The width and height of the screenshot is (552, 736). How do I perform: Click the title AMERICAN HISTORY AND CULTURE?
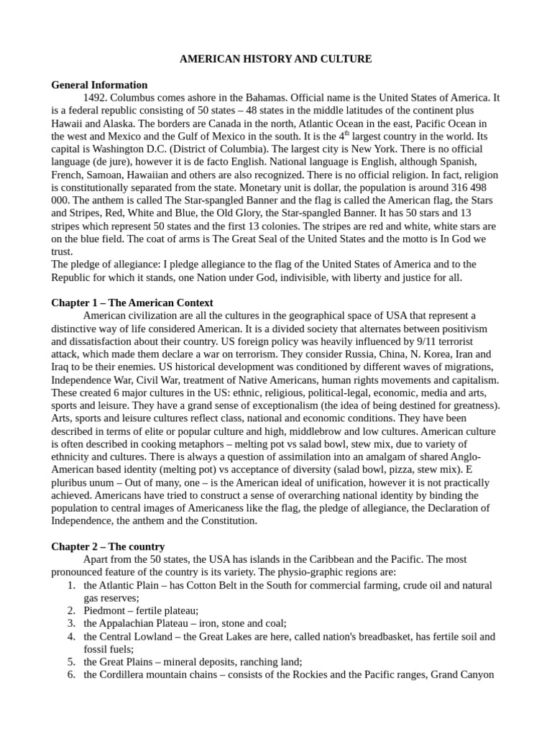(x=275, y=59)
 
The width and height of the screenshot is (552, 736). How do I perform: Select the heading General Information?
(x=99, y=85)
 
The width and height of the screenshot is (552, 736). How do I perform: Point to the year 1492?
(x=96, y=98)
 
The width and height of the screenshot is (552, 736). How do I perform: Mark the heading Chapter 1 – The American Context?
(x=132, y=303)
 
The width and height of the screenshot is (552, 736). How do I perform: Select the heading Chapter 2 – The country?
(x=108, y=546)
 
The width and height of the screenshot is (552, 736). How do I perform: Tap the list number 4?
(x=72, y=637)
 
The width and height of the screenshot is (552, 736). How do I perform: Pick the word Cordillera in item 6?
(x=126, y=675)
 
